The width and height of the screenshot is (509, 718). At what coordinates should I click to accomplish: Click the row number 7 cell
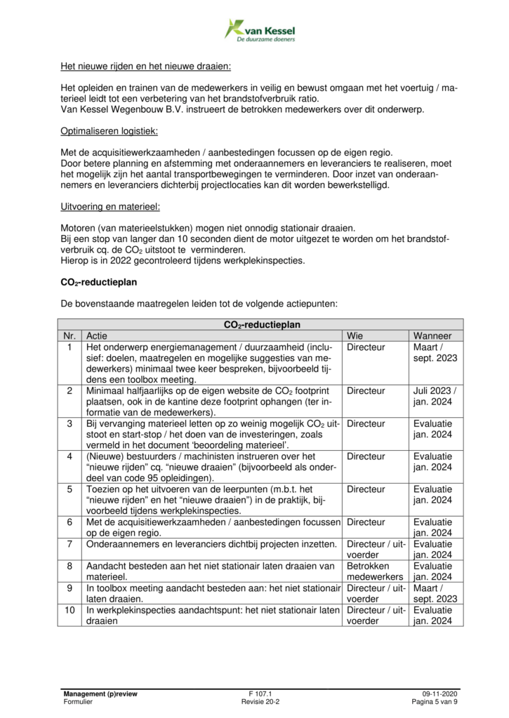click(70, 543)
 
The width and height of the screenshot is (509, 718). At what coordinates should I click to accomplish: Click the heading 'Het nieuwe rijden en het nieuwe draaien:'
click(146, 68)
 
